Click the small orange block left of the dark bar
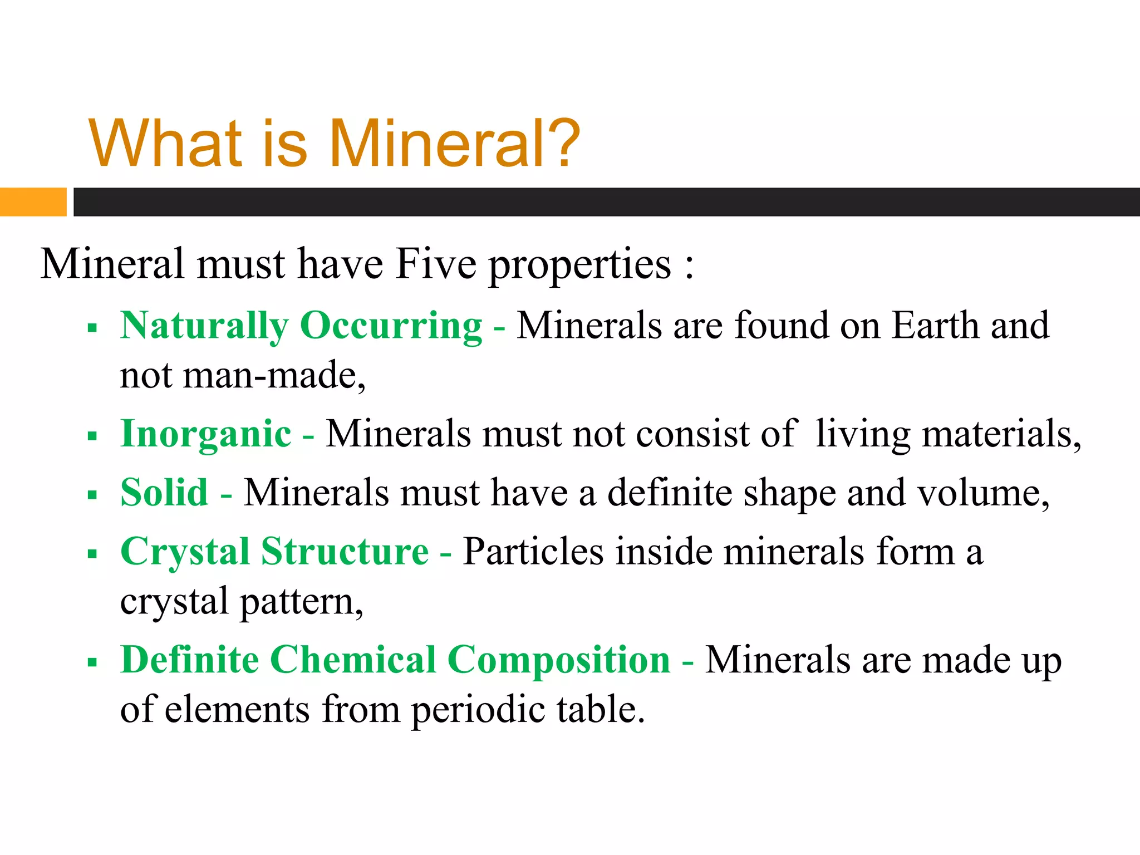[x=33, y=202]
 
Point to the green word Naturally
[x=204, y=326]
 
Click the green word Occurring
[x=391, y=326]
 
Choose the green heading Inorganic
[x=205, y=434]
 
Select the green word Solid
[x=164, y=493]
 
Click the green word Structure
[x=345, y=552]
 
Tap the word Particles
[x=533, y=552]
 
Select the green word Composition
[x=559, y=661]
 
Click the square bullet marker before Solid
[x=92, y=494]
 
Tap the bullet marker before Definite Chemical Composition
[x=92, y=662]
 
